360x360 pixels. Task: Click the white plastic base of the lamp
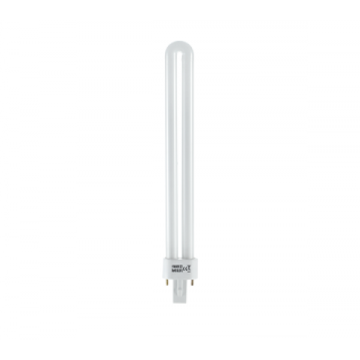179,269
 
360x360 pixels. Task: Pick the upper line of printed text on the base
176,266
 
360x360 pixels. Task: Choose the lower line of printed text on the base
176,271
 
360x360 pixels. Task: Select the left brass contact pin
167,281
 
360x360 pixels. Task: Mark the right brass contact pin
192,281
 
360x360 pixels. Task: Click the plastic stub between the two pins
179,285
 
